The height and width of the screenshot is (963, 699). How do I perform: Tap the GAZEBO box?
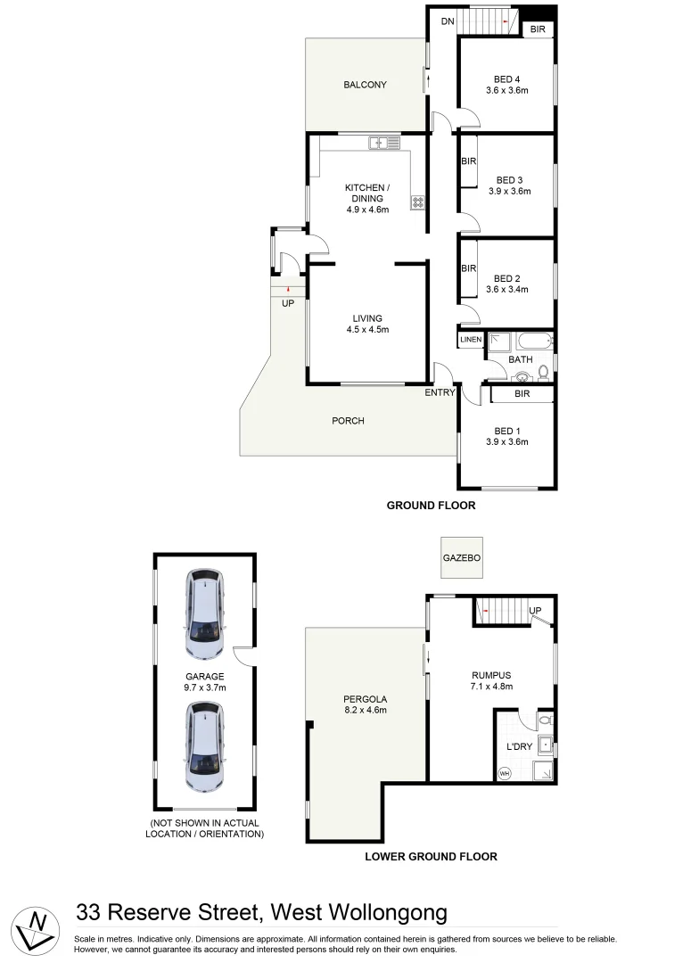(462, 557)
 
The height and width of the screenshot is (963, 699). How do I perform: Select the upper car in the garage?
(205, 613)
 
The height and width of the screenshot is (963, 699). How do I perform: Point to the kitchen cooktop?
(417, 202)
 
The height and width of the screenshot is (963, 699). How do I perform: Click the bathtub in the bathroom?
(533, 341)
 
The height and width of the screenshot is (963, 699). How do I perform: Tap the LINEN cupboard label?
(471, 340)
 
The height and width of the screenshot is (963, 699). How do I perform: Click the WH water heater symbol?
(505, 772)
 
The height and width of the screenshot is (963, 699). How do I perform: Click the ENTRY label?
(440, 392)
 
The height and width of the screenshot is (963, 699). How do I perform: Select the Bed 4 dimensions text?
(507, 90)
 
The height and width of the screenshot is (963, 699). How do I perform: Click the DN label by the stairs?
(447, 21)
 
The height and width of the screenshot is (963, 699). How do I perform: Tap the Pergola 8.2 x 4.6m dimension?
(366, 711)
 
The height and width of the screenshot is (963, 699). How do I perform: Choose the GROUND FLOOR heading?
(431, 506)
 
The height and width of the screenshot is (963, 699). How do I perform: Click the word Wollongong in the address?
(388, 912)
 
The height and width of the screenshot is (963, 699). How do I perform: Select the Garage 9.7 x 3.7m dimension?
(205, 687)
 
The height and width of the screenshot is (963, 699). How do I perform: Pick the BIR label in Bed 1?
(522, 393)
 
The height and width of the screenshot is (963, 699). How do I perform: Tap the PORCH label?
(348, 421)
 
